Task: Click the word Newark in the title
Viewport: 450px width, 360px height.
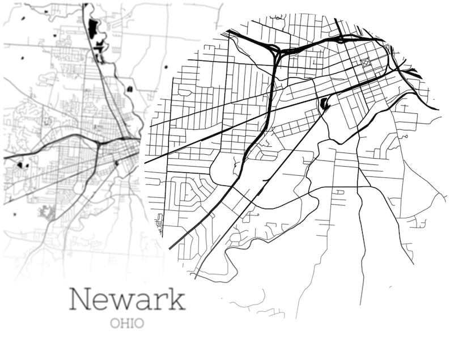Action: click(x=127, y=299)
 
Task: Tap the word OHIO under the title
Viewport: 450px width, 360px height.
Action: click(x=127, y=324)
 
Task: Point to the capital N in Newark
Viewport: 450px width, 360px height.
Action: click(x=81, y=299)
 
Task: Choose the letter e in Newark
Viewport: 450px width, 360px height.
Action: click(x=101, y=301)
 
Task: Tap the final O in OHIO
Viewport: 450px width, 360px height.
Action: click(x=139, y=324)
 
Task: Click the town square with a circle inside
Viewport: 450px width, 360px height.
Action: click(x=366, y=63)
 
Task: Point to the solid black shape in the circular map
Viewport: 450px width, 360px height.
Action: click(x=325, y=103)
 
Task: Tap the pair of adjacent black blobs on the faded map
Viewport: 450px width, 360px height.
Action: click(x=23, y=165)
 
